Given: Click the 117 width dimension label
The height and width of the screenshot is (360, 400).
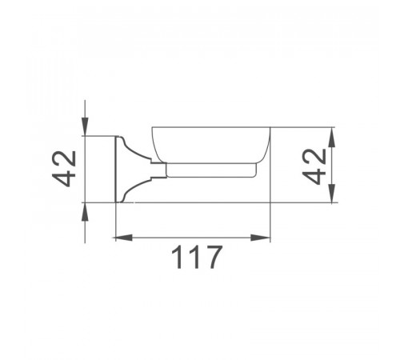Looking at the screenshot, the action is coord(196,257).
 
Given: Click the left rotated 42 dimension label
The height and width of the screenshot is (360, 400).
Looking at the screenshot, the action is coord(64,169).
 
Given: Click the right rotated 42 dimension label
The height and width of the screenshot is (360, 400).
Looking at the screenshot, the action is coord(314,166).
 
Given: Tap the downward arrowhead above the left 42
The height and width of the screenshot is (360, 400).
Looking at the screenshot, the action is coord(85,126).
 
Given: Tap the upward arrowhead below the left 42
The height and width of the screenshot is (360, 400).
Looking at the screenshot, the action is coord(85,211).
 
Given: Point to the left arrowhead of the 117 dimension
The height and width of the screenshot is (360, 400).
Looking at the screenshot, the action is coord(124,238).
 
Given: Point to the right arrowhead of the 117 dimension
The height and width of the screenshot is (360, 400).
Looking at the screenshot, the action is coord(261,238).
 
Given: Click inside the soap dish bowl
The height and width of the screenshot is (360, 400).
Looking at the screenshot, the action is coord(211,144).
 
